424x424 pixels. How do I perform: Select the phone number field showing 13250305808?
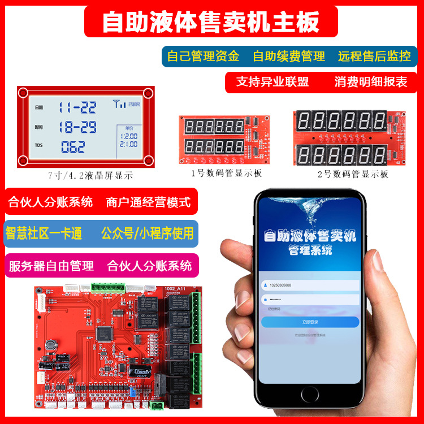pos(310,285)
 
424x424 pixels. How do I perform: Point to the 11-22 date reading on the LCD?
pos(78,107)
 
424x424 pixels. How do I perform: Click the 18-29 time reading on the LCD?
pos(78,126)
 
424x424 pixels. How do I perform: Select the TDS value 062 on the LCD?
pos(73,146)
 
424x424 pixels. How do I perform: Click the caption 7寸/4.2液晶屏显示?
pos(90,176)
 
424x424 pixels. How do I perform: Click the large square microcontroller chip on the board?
pos(104,335)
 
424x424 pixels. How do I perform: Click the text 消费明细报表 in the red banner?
pos(371,82)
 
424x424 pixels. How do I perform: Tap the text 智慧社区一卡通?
pos(44,233)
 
